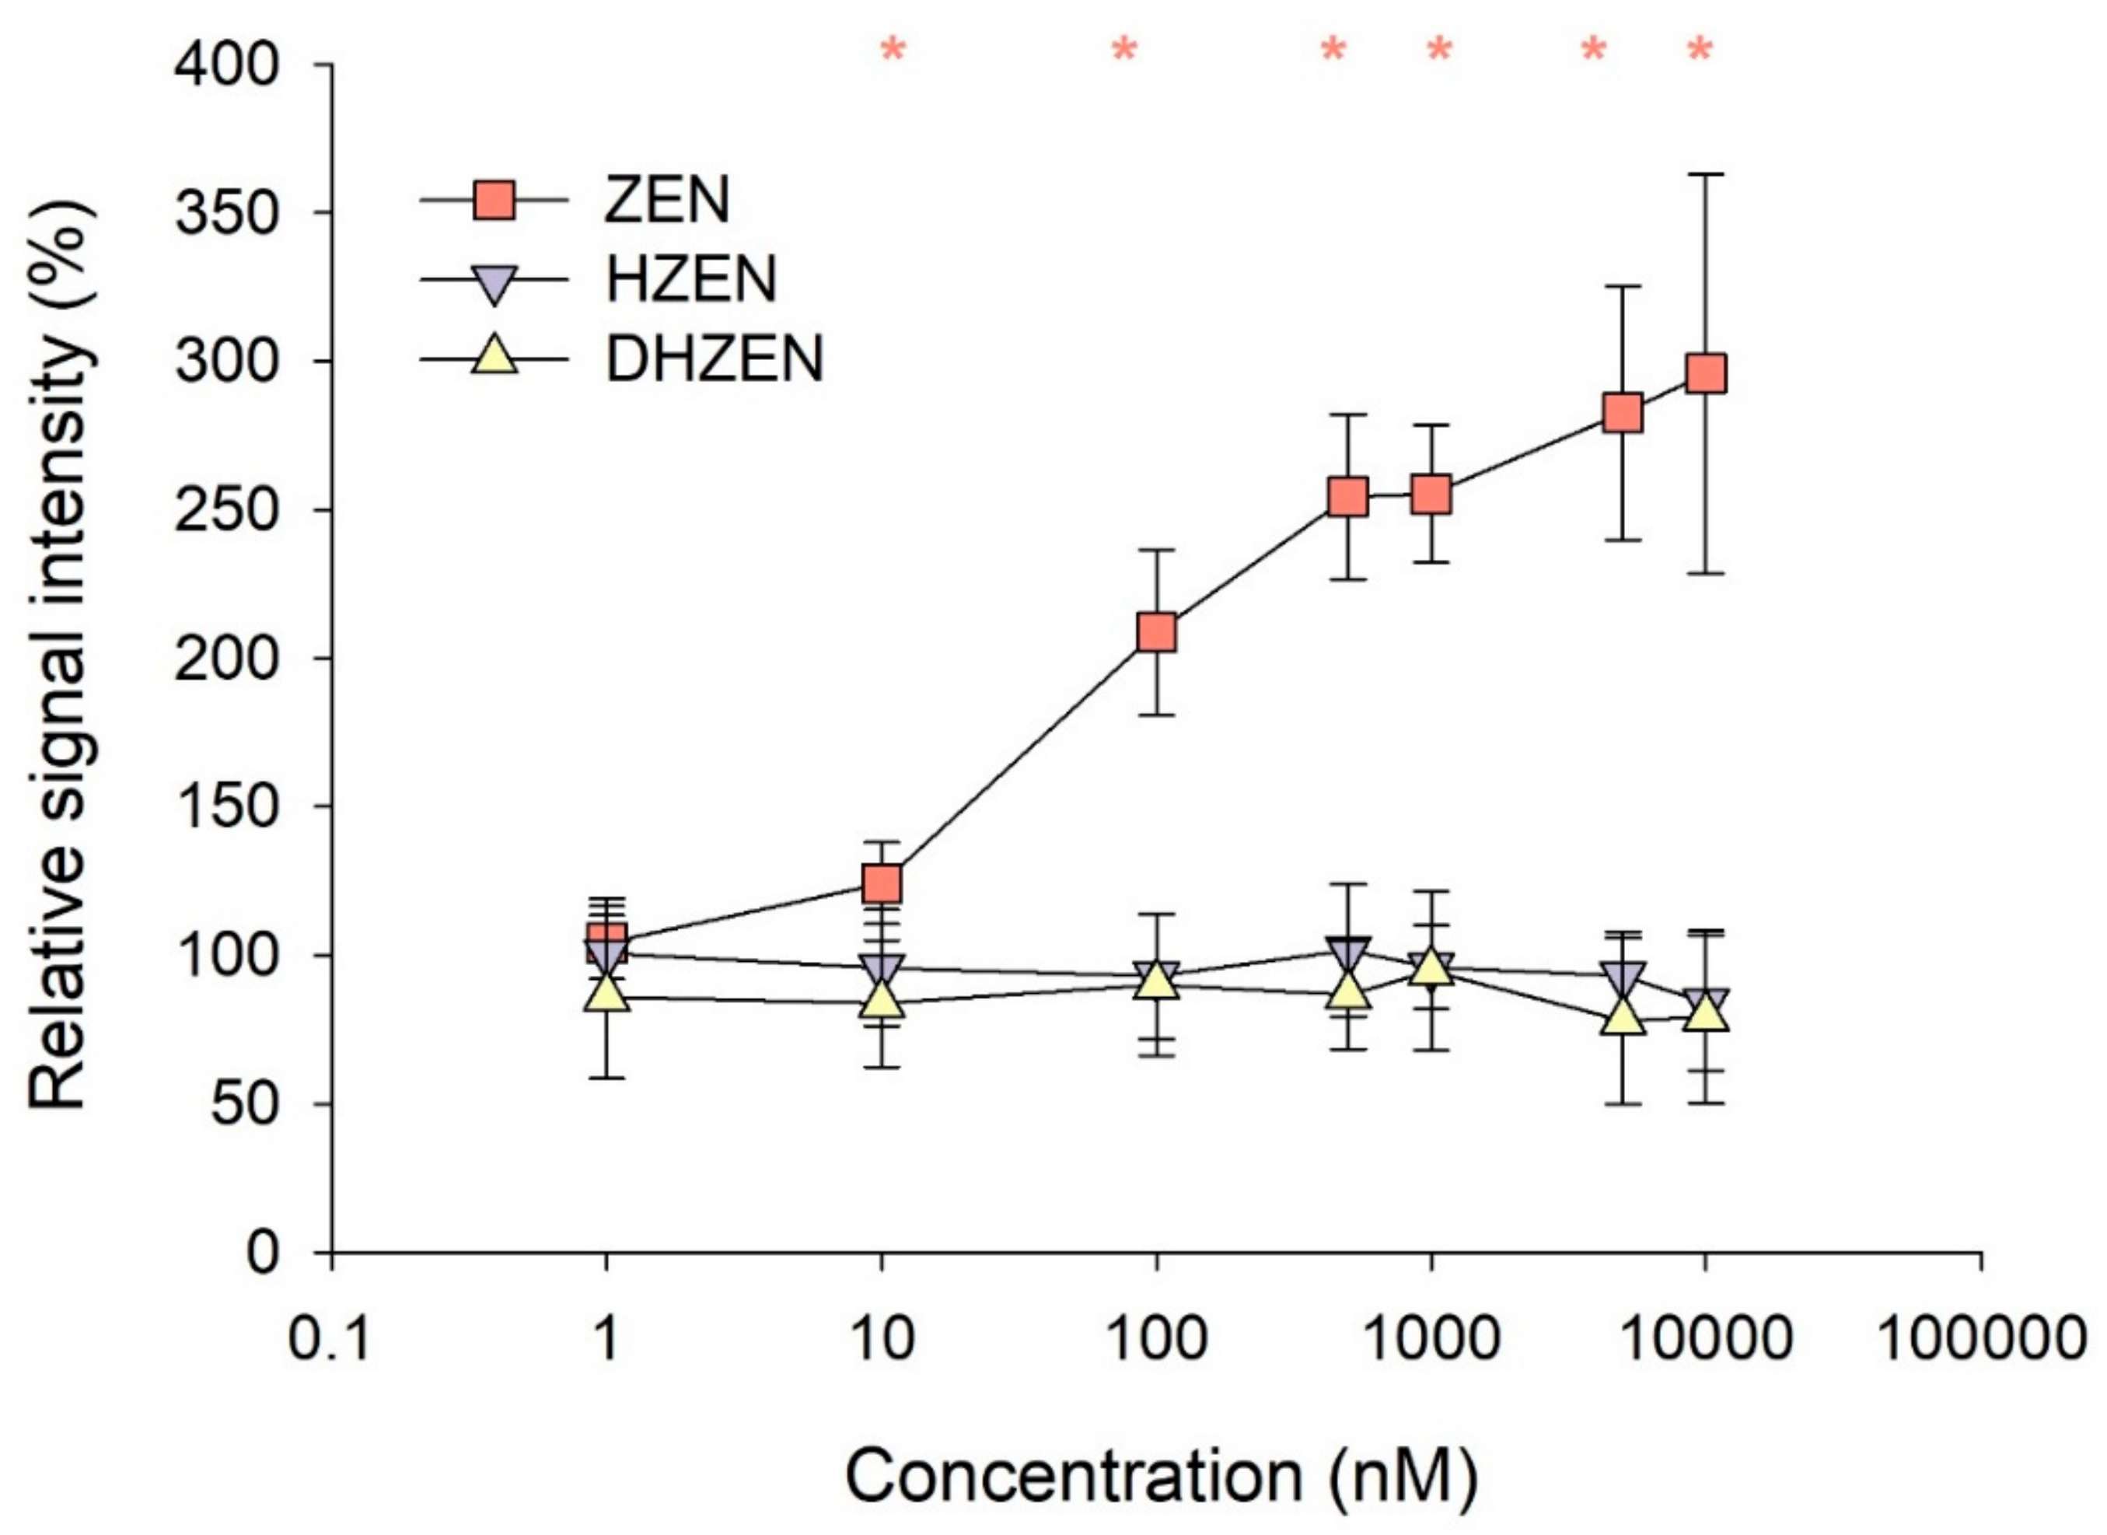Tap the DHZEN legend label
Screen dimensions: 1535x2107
[715, 358]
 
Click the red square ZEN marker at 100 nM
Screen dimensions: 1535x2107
[1157, 633]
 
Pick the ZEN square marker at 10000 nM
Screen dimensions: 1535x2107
[1706, 373]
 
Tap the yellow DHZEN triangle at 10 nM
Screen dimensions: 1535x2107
[882, 1000]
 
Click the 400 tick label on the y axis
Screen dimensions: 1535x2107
[228, 66]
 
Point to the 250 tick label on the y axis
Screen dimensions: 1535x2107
[228, 510]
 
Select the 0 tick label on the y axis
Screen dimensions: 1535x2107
[262, 1254]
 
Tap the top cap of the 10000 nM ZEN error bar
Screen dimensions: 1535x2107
[1706, 173]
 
